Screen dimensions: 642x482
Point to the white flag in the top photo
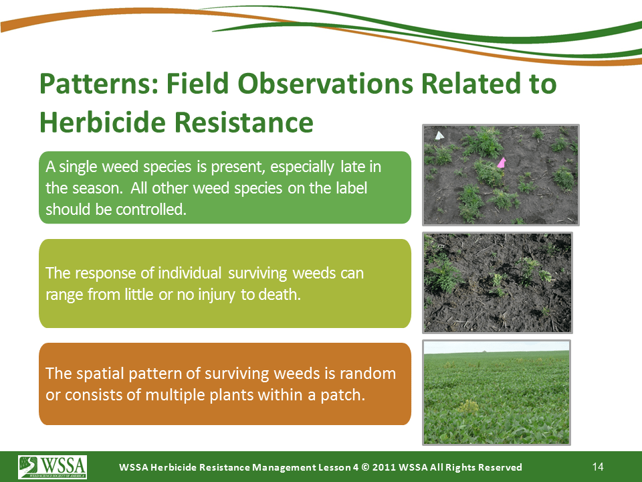pos(439,135)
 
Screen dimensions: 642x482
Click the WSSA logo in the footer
pos(52,467)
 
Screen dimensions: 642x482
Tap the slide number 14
pos(598,467)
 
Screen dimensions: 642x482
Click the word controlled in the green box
pos(151,210)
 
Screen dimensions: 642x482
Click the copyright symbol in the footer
pos(366,467)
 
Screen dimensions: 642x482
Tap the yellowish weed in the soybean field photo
pos(467,407)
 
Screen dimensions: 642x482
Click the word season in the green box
pos(98,188)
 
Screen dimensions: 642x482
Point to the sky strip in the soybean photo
pos(496,347)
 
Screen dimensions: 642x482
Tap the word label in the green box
pos(352,188)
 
